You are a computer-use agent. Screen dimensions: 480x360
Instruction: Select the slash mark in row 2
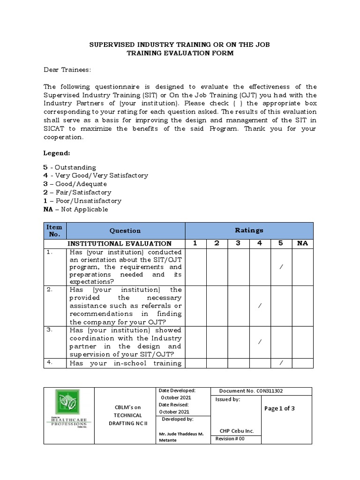pyautogui.click(x=260, y=306)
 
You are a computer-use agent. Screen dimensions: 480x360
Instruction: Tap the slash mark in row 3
pyautogui.click(x=260, y=342)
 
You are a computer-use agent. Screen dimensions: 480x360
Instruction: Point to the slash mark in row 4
pyautogui.click(x=281, y=363)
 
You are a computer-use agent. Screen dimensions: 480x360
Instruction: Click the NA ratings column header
pyautogui.click(x=303, y=243)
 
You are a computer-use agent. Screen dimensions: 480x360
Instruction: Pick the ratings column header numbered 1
pyautogui.click(x=195, y=243)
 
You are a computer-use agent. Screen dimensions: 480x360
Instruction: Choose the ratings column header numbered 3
pyautogui.click(x=238, y=243)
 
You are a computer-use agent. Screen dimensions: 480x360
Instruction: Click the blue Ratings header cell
pyautogui.click(x=249, y=230)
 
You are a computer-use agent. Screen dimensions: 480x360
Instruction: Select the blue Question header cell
pyautogui.click(x=125, y=231)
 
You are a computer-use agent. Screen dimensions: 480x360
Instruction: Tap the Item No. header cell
pyautogui.click(x=55, y=230)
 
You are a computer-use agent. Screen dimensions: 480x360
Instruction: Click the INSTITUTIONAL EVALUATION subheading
pyautogui.click(x=120, y=244)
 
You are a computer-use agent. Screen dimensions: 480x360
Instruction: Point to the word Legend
pyautogui.click(x=57, y=153)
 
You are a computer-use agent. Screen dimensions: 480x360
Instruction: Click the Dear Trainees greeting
pyautogui.click(x=67, y=70)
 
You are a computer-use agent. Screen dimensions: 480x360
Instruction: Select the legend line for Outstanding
pyautogui.click(x=70, y=167)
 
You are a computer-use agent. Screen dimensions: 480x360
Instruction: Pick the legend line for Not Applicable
pyautogui.click(x=76, y=209)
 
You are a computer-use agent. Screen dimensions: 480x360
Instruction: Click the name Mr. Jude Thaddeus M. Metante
pyautogui.click(x=181, y=437)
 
